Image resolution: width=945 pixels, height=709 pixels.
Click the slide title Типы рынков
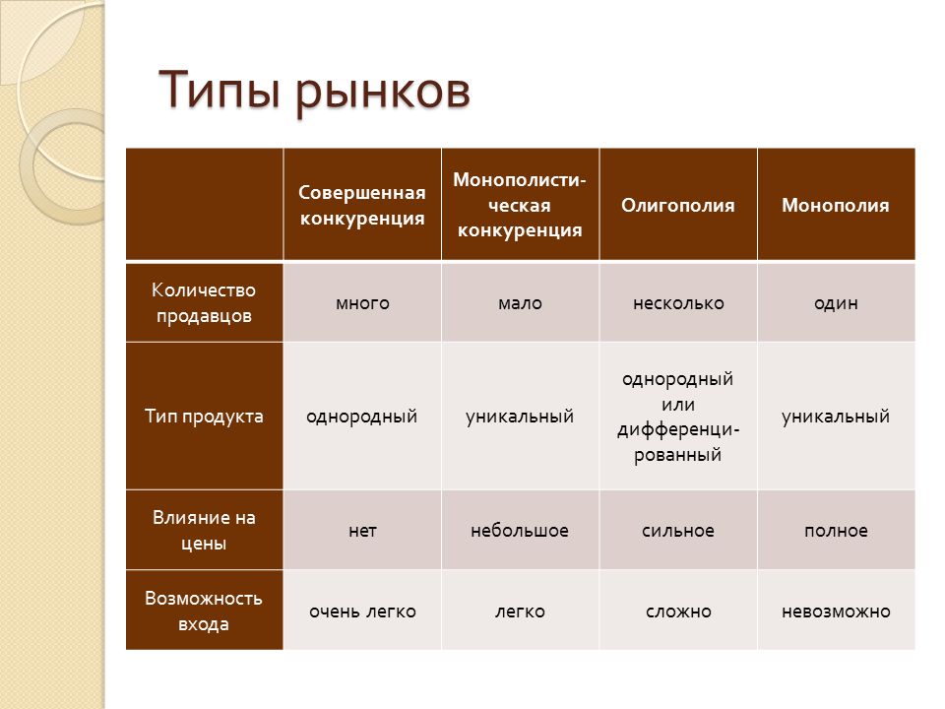coord(314,92)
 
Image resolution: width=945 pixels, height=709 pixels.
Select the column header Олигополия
coord(678,206)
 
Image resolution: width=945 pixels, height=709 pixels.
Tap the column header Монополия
coord(836,206)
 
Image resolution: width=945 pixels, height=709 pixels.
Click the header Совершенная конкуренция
coord(362,205)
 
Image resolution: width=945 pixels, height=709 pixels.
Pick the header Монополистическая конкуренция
coord(520,205)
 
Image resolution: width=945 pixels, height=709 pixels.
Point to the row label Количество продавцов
coord(204,302)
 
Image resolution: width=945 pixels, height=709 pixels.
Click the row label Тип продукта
coord(204,416)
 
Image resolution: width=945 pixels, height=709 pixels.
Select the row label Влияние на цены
coord(204,530)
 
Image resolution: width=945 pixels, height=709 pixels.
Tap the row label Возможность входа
coord(204,611)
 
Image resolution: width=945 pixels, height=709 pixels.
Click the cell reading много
coord(362,303)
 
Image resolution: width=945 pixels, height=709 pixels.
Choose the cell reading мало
coord(520,303)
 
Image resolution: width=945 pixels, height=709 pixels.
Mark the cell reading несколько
coord(678,303)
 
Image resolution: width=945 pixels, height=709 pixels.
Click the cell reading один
coord(836,303)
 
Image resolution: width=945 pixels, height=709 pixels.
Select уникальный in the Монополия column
coord(836,416)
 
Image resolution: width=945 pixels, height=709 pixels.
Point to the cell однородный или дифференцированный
coord(678,416)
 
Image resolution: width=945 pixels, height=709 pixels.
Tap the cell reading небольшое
coord(520,531)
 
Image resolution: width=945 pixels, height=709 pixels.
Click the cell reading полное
coord(836,531)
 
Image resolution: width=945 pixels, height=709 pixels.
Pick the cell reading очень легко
coord(362,612)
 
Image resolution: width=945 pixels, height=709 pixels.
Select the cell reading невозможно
coord(836,612)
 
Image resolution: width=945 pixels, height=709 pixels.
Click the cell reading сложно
coord(678,612)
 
